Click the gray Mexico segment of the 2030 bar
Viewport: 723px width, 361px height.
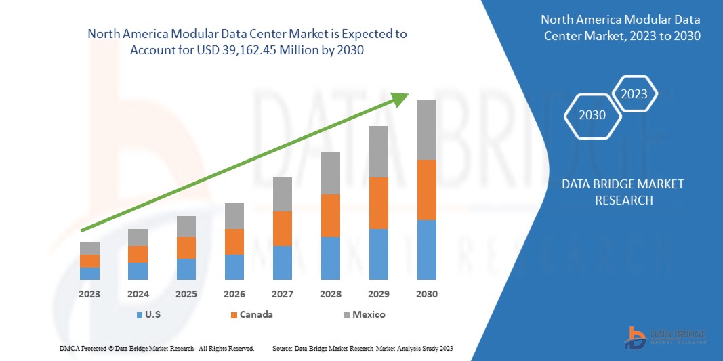pos(426,130)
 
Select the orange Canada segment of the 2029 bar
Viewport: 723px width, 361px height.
pos(378,203)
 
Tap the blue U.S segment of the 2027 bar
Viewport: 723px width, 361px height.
pos(283,263)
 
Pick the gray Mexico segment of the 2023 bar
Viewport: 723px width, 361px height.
pos(89,248)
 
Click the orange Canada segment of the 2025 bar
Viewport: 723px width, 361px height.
pos(186,248)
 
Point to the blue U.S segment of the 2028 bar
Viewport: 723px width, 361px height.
pos(330,258)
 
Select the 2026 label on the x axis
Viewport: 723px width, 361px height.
pos(234,294)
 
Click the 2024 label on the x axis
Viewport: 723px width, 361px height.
pos(138,294)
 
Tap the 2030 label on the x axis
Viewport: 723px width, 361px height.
pos(427,294)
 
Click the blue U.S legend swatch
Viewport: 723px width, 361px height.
pos(140,315)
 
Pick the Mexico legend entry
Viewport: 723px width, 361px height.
pos(369,314)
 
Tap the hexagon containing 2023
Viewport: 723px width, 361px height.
pos(634,94)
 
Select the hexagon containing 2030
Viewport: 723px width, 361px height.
pos(592,115)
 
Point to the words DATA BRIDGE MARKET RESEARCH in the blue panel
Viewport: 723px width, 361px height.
pos(623,192)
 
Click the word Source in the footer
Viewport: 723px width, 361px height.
pos(282,348)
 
